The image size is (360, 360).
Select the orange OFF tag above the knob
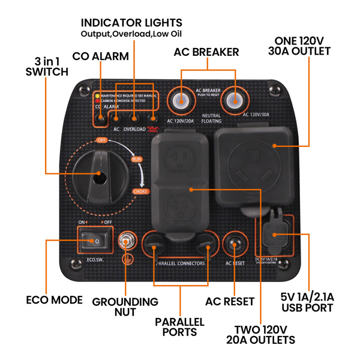[x=101, y=140]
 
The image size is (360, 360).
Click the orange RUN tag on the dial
[x=137, y=160]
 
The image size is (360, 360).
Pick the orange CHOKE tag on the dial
[x=140, y=191]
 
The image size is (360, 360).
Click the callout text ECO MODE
[x=55, y=299]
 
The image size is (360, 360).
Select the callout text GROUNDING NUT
[x=125, y=307]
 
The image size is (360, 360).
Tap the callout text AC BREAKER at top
[x=206, y=52]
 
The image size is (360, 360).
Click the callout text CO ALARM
[x=100, y=56]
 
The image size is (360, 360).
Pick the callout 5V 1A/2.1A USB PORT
[x=307, y=303]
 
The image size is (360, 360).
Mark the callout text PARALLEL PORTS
[x=179, y=326]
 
